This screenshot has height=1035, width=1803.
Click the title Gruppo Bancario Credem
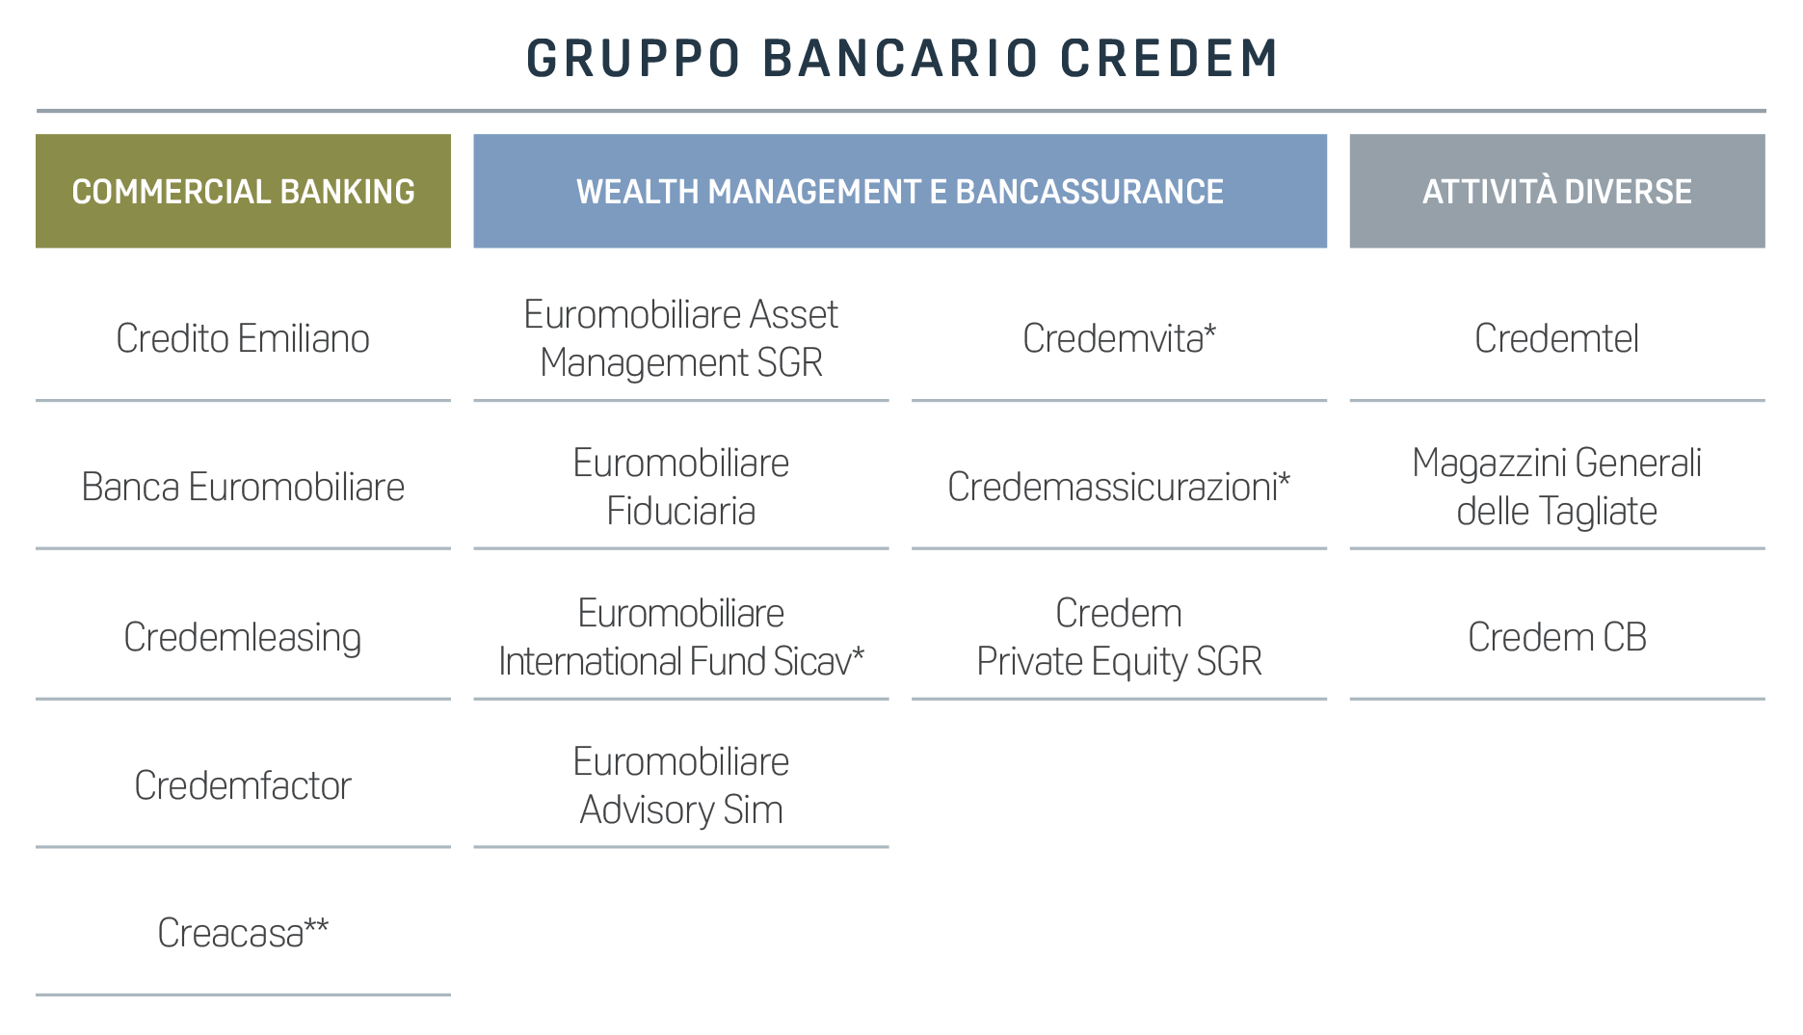click(x=902, y=58)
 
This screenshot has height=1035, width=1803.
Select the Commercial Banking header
click(x=243, y=191)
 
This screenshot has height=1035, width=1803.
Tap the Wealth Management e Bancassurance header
click(x=900, y=191)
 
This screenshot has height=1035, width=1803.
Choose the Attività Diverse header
click(x=1557, y=191)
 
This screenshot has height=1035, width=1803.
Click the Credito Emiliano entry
click(x=243, y=338)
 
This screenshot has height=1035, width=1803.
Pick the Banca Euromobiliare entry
click(x=243, y=487)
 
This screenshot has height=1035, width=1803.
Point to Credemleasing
click(x=243, y=638)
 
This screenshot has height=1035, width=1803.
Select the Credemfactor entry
click(x=243, y=785)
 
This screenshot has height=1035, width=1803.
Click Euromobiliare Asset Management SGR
click(x=681, y=338)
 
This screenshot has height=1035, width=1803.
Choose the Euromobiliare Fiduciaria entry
click(x=681, y=487)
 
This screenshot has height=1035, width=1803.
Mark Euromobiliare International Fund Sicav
click(x=681, y=637)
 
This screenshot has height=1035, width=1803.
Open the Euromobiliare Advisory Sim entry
click(x=681, y=785)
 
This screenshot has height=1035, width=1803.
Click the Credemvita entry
click(x=1120, y=338)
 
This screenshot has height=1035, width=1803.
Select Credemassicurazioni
click(x=1120, y=487)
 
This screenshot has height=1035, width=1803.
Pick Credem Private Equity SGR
click(x=1120, y=637)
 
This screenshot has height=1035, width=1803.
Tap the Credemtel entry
click(x=1557, y=338)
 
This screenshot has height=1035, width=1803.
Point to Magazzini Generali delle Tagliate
click(x=1557, y=487)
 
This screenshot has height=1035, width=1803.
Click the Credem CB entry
click(x=1557, y=637)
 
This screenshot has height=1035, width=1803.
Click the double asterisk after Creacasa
click(x=317, y=926)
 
